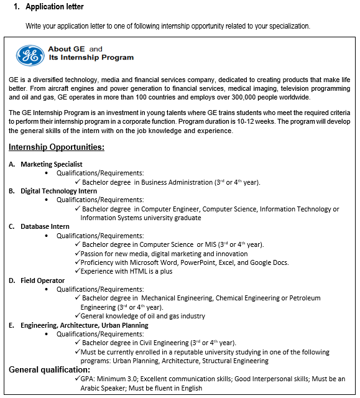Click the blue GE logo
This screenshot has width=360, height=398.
point(30,54)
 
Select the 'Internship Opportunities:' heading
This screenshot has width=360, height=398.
point(57,147)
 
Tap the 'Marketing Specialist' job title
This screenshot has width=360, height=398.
point(52,164)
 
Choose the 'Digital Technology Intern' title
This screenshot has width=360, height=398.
point(58,191)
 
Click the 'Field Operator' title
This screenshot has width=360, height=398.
point(42,280)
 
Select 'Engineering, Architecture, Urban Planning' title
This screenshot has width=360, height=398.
point(85,325)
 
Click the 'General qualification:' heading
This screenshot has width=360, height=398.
point(49,370)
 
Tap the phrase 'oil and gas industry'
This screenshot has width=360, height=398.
point(172,316)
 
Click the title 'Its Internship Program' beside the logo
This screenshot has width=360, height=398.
point(91,58)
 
